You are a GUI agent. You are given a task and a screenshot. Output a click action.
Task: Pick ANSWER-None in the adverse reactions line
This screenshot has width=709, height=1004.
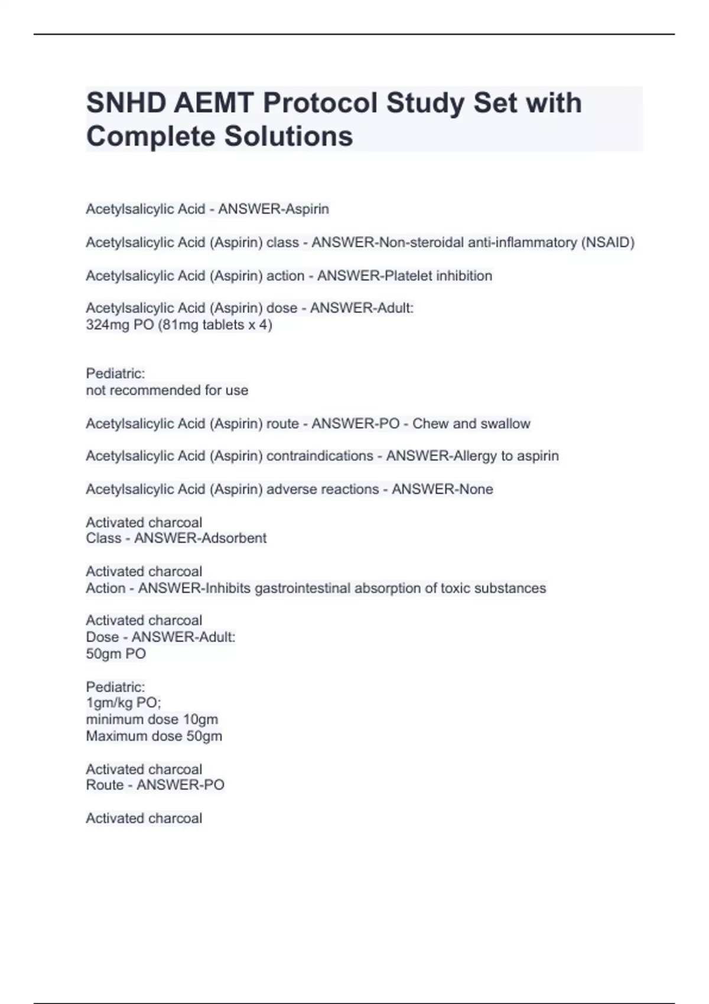click(x=442, y=489)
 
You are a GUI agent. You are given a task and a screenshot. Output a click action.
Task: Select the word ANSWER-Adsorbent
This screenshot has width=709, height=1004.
click(x=200, y=538)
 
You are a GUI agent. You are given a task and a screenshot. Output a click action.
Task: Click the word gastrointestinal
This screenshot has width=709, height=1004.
click(x=302, y=588)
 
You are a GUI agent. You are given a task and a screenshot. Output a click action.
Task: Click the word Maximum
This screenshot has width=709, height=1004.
click(x=114, y=736)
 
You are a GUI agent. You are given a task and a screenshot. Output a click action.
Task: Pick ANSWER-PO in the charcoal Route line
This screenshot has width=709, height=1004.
click(x=180, y=785)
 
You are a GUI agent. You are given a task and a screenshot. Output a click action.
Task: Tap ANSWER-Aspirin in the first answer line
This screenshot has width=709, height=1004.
click(x=274, y=209)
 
